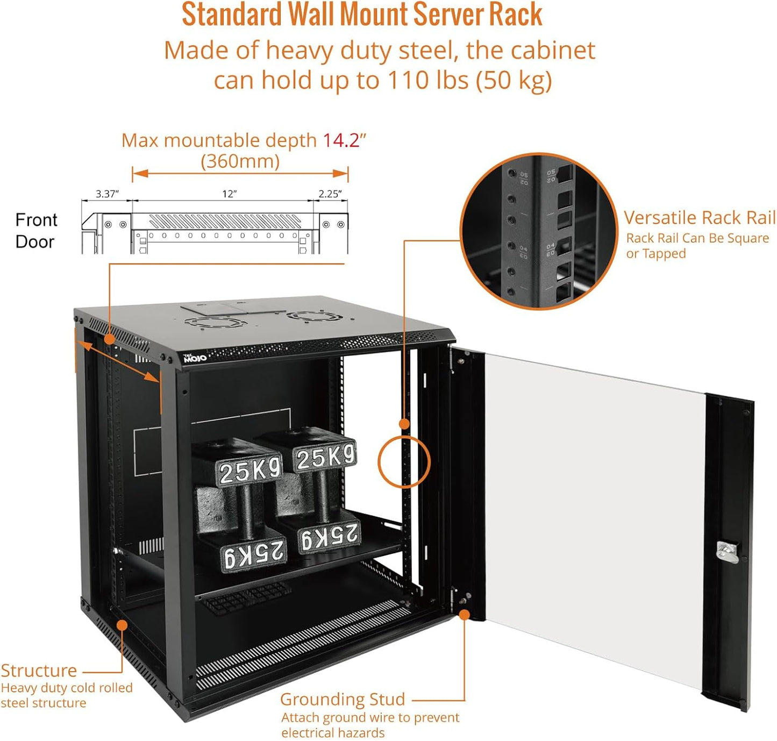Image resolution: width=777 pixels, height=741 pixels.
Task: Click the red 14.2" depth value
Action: (344, 140)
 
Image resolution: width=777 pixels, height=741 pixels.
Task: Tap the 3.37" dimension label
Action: (107, 194)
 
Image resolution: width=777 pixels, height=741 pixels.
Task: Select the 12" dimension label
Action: (230, 194)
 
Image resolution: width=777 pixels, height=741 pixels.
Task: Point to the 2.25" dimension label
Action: (330, 194)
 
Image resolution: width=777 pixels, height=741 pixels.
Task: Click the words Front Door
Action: (35, 231)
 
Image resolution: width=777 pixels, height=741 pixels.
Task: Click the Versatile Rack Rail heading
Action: (699, 218)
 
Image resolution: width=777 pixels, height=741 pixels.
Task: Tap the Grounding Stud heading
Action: (343, 699)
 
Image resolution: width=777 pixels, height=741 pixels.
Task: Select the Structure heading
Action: (39, 671)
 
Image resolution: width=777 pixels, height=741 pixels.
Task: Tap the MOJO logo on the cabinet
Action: (195, 358)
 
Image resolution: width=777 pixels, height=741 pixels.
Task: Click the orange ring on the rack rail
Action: (404, 461)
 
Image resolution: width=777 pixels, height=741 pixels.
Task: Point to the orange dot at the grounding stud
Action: (464, 614)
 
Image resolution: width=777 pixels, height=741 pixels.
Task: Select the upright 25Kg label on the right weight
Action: (325, 458)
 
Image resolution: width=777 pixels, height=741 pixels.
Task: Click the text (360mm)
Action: (240, 161)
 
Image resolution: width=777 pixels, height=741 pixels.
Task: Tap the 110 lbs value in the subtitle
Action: (429, 81)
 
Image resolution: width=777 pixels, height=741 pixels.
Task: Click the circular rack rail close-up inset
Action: (539, 231)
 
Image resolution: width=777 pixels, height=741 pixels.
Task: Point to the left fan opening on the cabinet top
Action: (215, 322)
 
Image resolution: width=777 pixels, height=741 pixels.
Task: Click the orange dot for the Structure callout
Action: (122, 625)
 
